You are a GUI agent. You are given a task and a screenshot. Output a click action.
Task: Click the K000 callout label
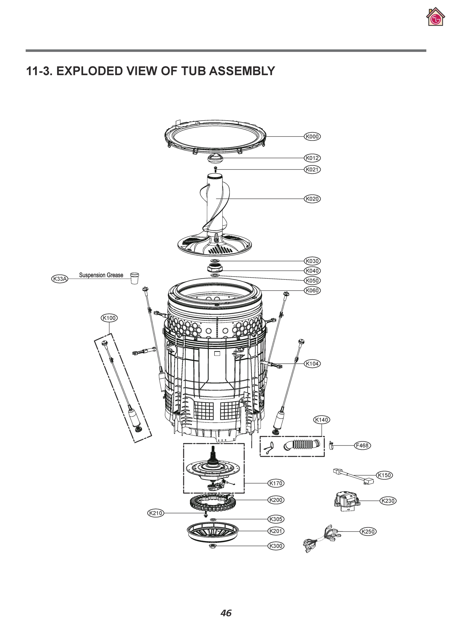click(x=312, y=137)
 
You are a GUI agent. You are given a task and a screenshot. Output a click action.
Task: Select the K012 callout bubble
click(x=312, y=158)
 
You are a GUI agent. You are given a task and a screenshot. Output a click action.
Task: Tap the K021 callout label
click(x=312, y=170)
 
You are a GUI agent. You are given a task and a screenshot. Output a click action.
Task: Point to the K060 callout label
click(x=312, y=290)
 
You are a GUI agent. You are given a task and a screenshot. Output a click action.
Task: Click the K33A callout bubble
click(x=60, y=279)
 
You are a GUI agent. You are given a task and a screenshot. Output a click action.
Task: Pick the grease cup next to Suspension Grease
click(x=135, y=278)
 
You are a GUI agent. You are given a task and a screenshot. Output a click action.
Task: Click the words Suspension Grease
click(x=101, y=275)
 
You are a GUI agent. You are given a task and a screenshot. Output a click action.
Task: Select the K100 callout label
click(x=109, y=318)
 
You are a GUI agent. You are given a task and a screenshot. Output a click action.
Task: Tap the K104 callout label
click(x=312, y=363)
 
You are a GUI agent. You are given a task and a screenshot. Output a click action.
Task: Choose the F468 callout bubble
click(x=362, y=445)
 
